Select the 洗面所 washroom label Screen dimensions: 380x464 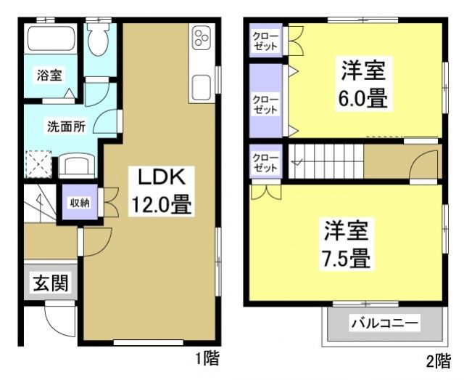67,125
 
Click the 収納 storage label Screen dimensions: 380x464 80,203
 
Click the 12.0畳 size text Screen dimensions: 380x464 160,206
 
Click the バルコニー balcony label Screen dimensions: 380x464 384,321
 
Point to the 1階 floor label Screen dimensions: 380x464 206,358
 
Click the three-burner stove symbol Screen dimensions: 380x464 201,39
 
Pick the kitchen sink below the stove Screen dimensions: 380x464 201,88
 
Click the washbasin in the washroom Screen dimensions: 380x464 75,165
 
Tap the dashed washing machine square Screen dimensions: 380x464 38,163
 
